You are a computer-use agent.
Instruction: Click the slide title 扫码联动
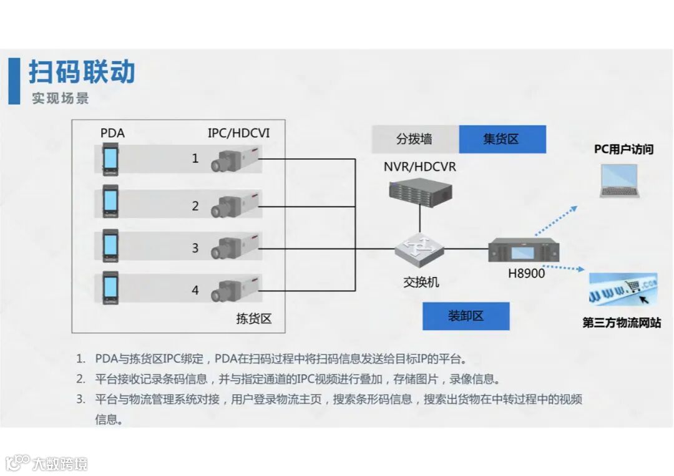tap(82, 72)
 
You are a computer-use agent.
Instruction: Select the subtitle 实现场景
tap(61, 99)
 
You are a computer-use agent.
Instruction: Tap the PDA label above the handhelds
tap(112, 133)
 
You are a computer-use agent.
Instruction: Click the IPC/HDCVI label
tap(238, 133)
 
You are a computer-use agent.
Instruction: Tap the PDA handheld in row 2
tap(110, 202)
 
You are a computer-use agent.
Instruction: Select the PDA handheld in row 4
tap(110, 288)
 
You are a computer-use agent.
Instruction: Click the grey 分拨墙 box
tap(414, 139)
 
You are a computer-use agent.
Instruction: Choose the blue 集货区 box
tap(502, 139)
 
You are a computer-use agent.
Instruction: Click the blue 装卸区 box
tap(466, 316)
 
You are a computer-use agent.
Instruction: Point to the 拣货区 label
tap(253, 319)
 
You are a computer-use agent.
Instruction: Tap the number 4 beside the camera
tap(195, 290)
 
